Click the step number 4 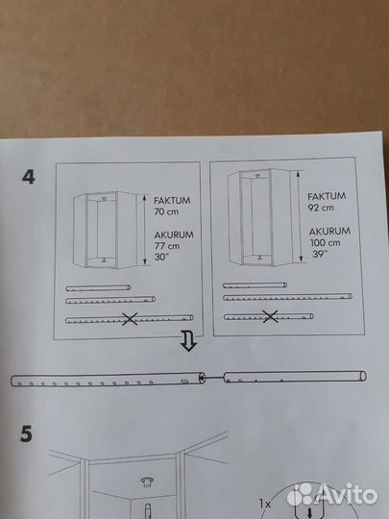pos(29,177)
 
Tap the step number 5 pos(27,433)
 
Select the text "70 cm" pos(166,211)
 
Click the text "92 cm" pos(321,208)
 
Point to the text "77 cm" pos(167,246)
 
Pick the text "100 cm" pos(325,242)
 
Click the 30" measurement pos(161,257)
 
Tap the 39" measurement pos(318,254)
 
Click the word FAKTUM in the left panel pos(172,200)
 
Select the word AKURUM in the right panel pos(329,231)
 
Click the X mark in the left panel pos(130,319)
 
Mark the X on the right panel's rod pos(271,316)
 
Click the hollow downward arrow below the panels pos(189,342)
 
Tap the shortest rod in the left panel pos(98,288)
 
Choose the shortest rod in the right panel pos(255,285)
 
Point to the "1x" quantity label pos(265,505)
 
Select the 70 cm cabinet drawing pos(106,230)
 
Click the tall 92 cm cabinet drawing pos(259,217)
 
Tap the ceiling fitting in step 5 pos(146,482)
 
